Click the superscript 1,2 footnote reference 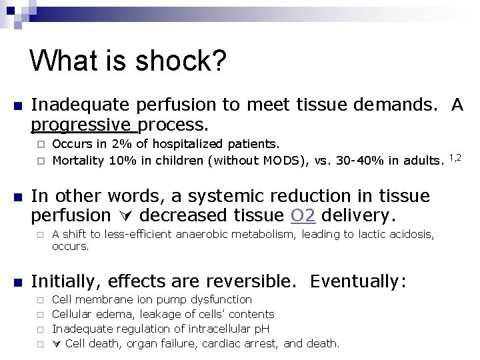[x=455, y=157]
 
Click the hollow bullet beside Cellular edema [x=40, y=315]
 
